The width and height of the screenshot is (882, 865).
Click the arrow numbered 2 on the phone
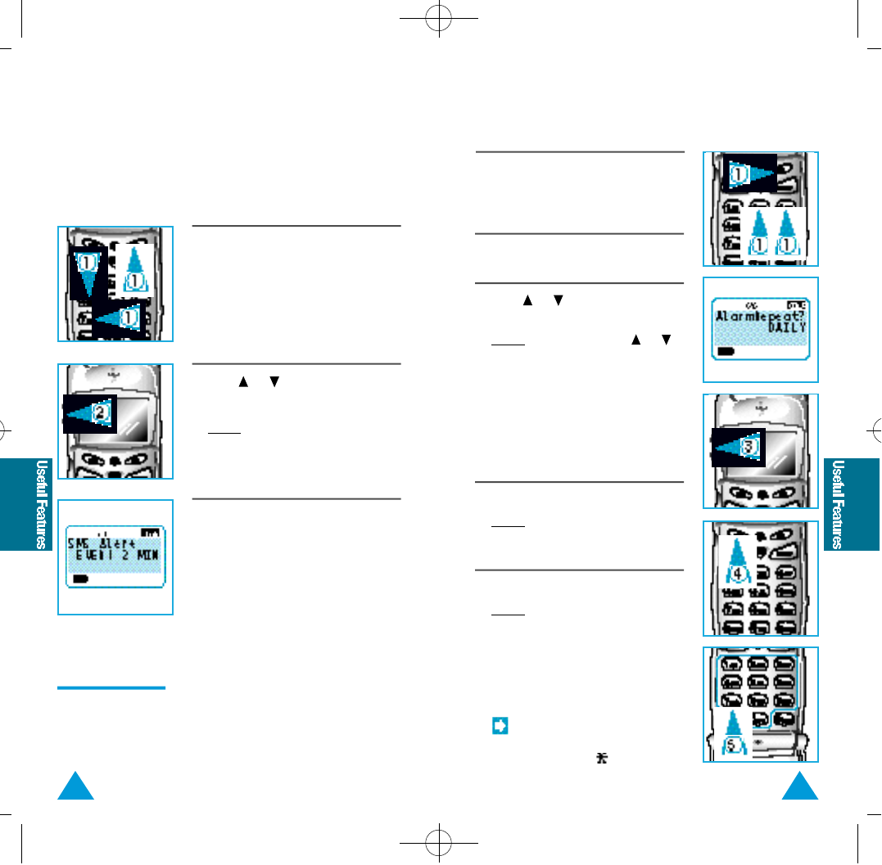89,413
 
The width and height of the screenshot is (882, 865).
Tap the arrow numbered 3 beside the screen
737,447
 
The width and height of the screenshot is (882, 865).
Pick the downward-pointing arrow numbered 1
85,271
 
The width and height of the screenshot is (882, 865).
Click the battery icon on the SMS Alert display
80,579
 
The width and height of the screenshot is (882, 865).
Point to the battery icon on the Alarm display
726,350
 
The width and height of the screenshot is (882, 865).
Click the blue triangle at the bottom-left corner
79,788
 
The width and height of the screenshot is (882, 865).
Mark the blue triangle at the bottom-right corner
802,788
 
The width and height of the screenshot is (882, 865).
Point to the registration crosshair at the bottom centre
440,842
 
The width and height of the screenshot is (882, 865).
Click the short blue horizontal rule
111,688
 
